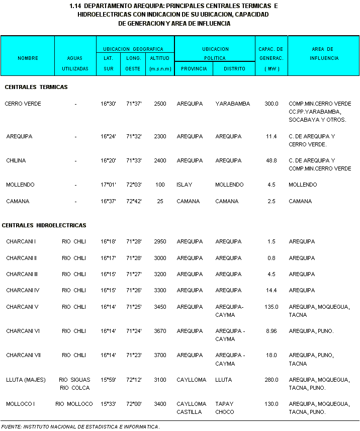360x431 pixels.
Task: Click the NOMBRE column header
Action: pos(28,58)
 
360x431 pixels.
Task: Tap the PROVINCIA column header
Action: pos(194,68)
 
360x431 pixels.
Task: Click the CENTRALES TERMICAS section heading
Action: pos(36,87)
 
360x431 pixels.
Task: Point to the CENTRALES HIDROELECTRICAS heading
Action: pos(44,225)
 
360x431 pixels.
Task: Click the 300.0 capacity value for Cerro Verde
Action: pos(272,104)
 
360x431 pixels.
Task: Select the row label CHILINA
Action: pos(16,160)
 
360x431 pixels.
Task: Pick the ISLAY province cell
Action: pos(185,185)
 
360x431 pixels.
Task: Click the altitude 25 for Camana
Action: pos(160,201)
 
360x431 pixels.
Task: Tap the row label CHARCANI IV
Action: pos(23,290)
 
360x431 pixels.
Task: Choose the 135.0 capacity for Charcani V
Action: pos(272,307)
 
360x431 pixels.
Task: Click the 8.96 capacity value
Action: pos(272,331)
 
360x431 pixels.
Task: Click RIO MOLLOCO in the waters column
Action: pos(74,404)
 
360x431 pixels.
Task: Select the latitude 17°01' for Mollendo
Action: pos(108,185)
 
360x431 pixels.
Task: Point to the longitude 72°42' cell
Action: pos(134,201)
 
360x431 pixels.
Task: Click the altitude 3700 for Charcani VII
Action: pos(160,355)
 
